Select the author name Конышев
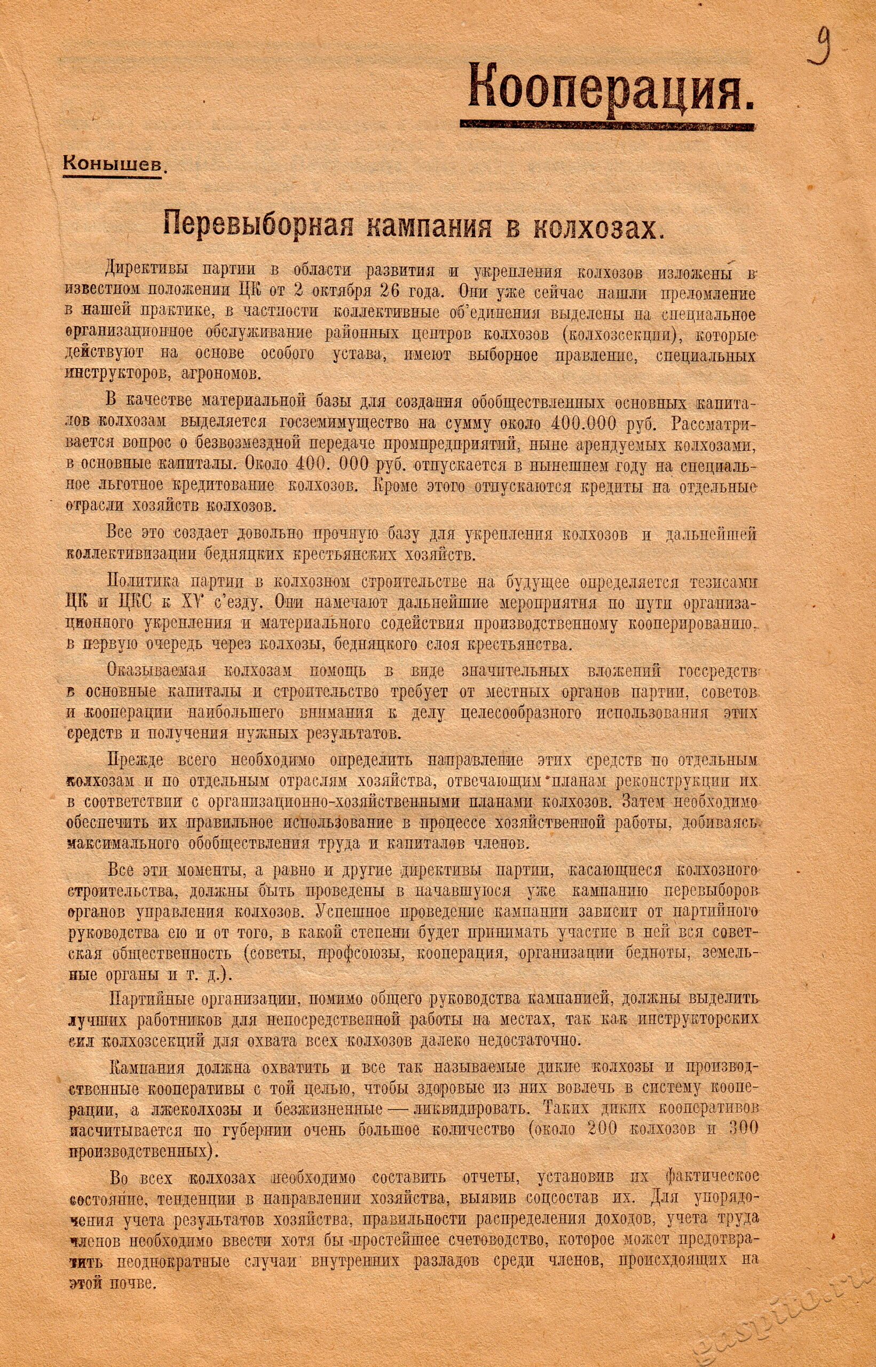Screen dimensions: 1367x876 [114, 164]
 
